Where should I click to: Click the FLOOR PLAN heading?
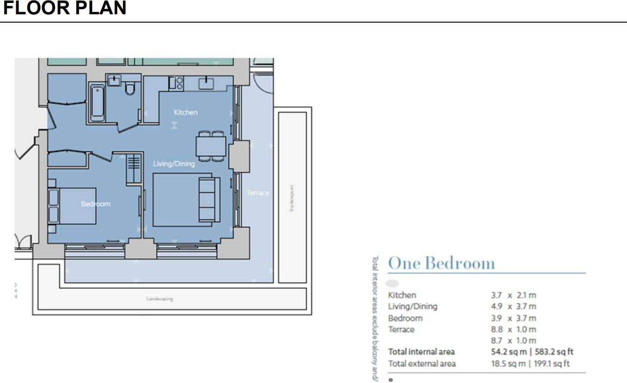[x=65, y=9]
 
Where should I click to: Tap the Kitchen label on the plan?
[x=185, y=112]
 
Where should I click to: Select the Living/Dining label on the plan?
[x=174, y=164]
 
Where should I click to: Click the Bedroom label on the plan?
[x=96, y=203]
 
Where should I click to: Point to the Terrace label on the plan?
[x=257, y=193]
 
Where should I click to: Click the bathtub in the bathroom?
[x=97, y=102]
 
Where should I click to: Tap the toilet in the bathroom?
[x=130, y=87]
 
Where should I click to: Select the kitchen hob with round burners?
[x=176, y=83]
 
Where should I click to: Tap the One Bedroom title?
[x=441, y=263]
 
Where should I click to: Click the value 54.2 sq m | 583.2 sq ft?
[x=532, y=352]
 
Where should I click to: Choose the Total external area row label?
[x=421, y=364]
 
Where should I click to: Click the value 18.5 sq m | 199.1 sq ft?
[x=530, y=364]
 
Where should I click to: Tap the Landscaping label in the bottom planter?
[x=159, y=299]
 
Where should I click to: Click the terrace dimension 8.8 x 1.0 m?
[x=513, y=329]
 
